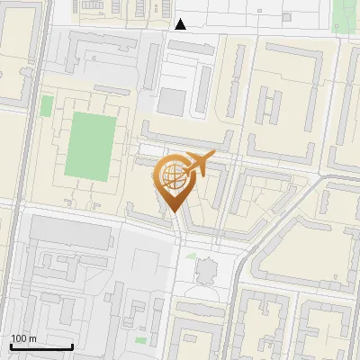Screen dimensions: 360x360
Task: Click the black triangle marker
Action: (181, 24)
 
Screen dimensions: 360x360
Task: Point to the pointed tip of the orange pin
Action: (172, 212)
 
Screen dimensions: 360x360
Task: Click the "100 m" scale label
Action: (23, 338)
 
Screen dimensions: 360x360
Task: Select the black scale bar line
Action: (41, 346)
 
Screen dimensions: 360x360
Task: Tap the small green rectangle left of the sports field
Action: (46, 106)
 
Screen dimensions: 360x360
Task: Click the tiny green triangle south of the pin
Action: (191, 256)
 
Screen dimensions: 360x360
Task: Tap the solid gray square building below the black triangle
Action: (169, 101)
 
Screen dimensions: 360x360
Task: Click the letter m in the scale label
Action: (32, 338)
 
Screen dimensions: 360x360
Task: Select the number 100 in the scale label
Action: (19, 338)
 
